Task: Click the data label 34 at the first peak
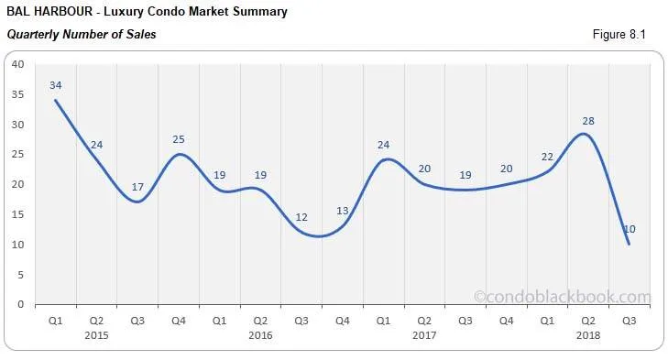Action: pos(56,85)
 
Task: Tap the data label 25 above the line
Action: pos(179,139)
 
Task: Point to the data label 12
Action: pos(301,217)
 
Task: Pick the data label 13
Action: pos(342,211)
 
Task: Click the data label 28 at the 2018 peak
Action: pos(588,121)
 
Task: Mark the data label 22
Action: pos(547,157)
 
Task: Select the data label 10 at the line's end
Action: pos(630,229)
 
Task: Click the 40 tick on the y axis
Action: pos(16,64)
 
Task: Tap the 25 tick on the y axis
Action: pos(16,155)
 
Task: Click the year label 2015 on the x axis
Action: pos(96,337)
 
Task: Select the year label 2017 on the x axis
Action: pos(425,337)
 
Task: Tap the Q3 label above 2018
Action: pos(629,322)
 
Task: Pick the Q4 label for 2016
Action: pos(343,322)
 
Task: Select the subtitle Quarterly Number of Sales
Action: pos(82,35)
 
